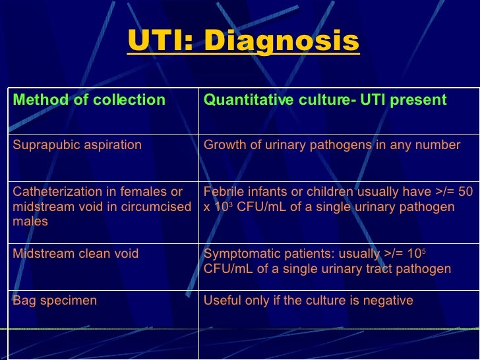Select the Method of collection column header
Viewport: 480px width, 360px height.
89,100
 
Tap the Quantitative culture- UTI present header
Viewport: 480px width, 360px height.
325,100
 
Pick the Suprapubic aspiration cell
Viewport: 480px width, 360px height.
77,145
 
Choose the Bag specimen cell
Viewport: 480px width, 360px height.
55,301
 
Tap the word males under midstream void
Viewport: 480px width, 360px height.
30,222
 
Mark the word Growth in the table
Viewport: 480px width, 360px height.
224,145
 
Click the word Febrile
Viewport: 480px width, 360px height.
224,192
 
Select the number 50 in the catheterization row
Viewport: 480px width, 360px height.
465,192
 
